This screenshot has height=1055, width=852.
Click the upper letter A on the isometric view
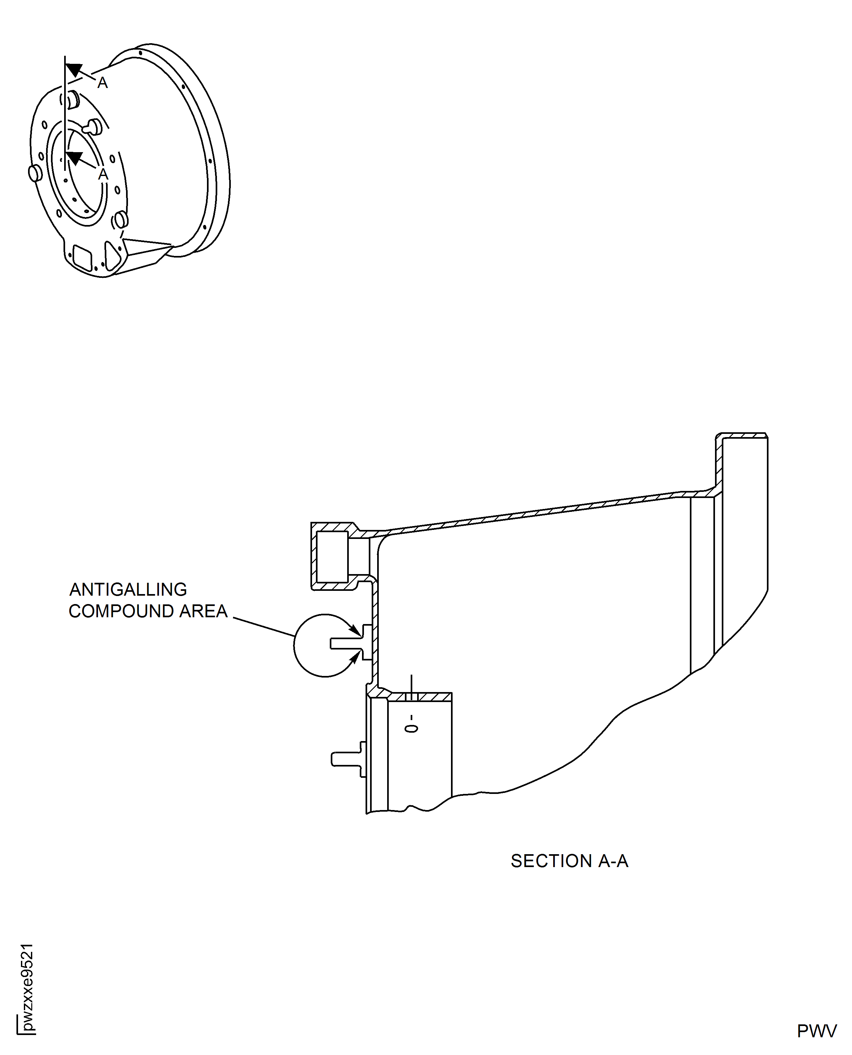pyautogui.click(x=102, y=83)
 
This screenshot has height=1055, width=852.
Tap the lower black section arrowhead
pyautogui.click(x=74, y=158)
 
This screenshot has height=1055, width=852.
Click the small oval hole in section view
pyautogui.click(x=411, y=729)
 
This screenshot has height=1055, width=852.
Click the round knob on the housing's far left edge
pyautogui.click(x=34, y=173)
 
